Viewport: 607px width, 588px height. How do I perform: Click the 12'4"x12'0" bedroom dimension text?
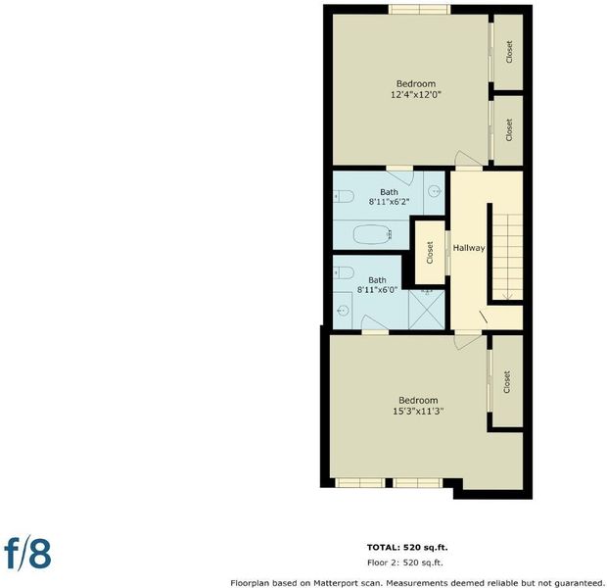(416, 95)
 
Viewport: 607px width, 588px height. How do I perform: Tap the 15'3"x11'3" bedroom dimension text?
(418, 412)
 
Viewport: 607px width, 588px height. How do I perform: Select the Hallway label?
(469, 248)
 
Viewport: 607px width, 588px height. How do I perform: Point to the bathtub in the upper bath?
(373, 234)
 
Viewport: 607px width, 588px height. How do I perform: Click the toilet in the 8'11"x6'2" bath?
(344, 197)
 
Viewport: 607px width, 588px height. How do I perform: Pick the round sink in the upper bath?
(436, 191)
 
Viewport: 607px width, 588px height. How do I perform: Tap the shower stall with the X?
(427, 311)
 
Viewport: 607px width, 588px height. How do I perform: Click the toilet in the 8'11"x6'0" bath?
(344, 272)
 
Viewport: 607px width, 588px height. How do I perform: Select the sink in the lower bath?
(343, 310)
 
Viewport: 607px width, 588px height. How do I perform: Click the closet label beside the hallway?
(430, 253)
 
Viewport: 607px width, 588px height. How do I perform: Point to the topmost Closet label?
(509, 52)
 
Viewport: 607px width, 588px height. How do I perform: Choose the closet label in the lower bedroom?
(507, 382)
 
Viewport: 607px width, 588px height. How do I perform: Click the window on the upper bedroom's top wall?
(420, 9)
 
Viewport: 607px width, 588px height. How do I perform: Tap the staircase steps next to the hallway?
(507, 257)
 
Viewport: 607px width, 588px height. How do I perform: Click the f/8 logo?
(27, 553)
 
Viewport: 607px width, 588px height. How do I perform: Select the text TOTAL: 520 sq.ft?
(407, 547)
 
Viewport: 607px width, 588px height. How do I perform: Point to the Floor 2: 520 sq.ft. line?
(405, 563)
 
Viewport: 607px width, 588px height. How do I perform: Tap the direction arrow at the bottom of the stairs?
(507, 297)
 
